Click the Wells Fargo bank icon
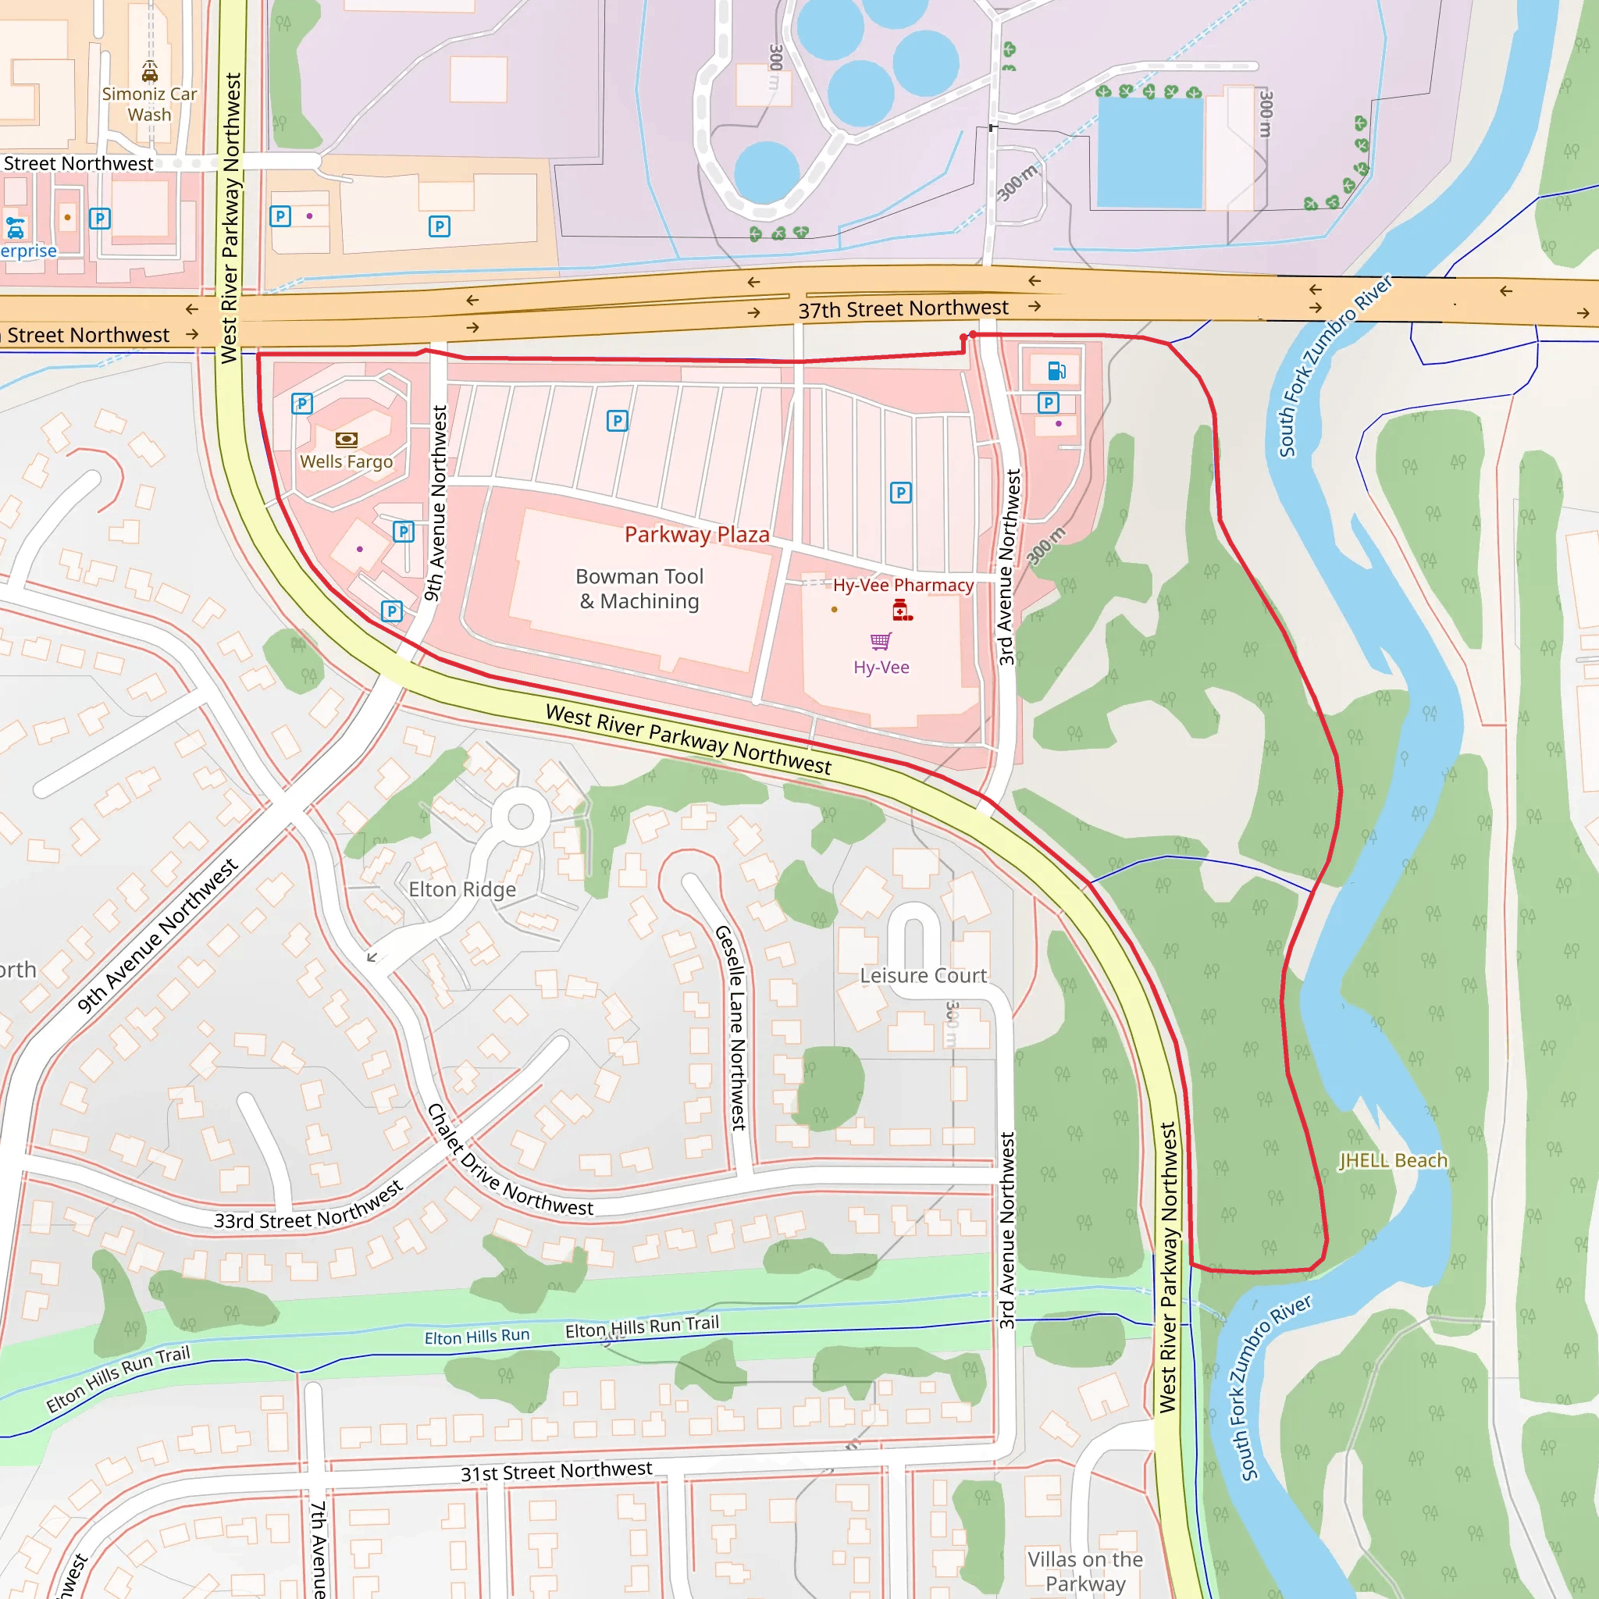(x=346, y=440)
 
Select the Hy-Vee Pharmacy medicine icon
(x=902, y=611)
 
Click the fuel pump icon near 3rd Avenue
(x=1057, y=370)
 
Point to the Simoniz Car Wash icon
(x=150, y=73)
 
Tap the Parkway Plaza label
(x=697, y=535)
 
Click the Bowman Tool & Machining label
(x=639, y=589)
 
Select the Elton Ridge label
(x=462, y=890)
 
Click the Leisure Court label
(x=923, y=976)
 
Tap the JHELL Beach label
(x=1394, y=1160)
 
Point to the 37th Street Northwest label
(x=903, y=308)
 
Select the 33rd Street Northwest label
(x=308, y=1205)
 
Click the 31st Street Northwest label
(x=556, y=1472)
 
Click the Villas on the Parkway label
(x=1085, y=1571)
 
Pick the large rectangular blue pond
(x=1149, y=152)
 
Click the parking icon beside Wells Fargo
(x=302, y=404)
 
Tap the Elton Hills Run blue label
(x=477, y=1337)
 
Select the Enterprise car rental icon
(x=15, y=228)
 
